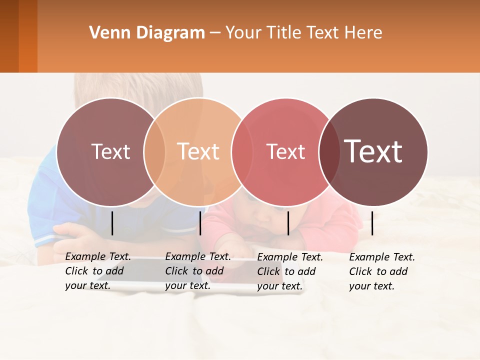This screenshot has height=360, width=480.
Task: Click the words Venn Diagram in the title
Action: [147, 33]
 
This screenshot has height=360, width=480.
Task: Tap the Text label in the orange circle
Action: [198, 151]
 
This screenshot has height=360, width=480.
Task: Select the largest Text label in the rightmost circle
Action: [373, 151]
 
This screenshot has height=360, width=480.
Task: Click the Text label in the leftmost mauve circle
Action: [110, 151]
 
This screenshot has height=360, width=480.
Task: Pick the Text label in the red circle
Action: [285, 151]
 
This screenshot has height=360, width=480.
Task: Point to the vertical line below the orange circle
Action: [200, 223]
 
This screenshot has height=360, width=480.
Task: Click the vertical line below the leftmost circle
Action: [112, 223]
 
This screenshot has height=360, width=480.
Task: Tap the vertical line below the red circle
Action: [288, 223]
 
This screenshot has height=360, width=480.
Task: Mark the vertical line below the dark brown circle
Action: [372, 223]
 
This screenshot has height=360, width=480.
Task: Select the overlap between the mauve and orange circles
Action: [154, 152]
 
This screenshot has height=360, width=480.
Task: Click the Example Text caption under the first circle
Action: [97, 271]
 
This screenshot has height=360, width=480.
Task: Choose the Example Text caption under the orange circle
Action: [197, 271]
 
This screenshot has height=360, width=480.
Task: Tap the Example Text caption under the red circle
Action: [289, 271]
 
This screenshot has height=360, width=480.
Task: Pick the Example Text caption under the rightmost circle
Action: [381, 271]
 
